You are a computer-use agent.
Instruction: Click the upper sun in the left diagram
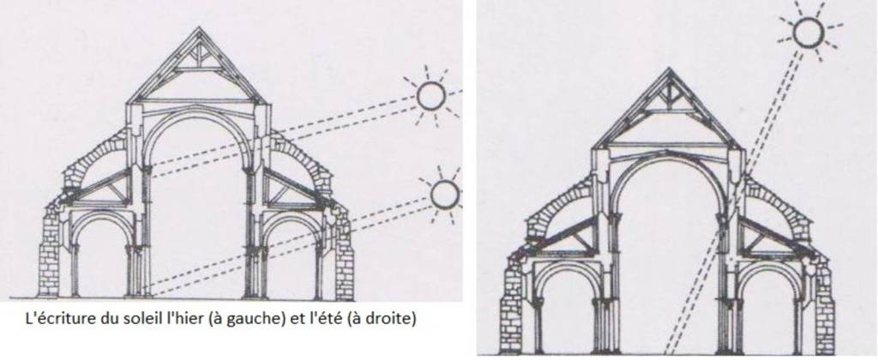pyautogui.click(x=431, y=96)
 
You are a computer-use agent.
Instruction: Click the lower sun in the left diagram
pyautogui.click(x=445, y=195)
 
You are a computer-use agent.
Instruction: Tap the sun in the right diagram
pyautogui.click(x=809, y=32)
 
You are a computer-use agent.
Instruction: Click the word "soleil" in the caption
pyautogui.click(x=116, y=320)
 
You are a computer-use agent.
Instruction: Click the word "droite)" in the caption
pyautogui.click(x=396, y=321)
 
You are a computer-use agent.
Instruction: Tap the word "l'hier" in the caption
pyautogui.click(x=147, y=320)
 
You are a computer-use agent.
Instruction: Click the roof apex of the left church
pyautogui.click(x=198, y=27)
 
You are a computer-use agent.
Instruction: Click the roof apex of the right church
pyautogui.click(x=668, y=69)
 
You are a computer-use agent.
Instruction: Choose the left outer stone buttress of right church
pyautogui.click(x=511, y=303)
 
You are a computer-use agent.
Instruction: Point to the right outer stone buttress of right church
pyautogui.click(x=825, y=303)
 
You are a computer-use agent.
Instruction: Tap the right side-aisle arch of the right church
pyautogui.click(x=770, y=266)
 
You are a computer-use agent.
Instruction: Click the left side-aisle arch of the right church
pyautogui.click(x=566, y=266)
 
